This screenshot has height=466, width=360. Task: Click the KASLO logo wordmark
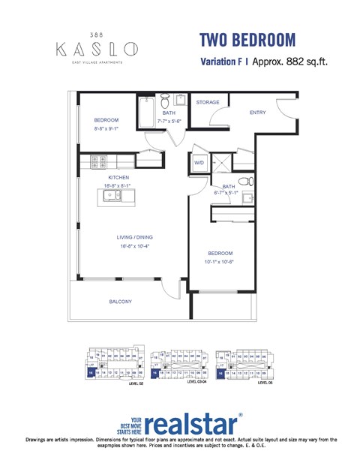coord(97,50)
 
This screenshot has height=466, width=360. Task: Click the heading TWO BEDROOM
coord(247,40)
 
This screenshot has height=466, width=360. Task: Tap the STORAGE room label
coord(208,102)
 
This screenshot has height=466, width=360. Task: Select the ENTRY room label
coord(258,113)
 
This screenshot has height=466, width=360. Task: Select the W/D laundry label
coord(199,162)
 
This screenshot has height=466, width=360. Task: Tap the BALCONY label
coord(120,302)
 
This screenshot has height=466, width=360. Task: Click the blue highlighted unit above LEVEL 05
coord(220,371)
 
